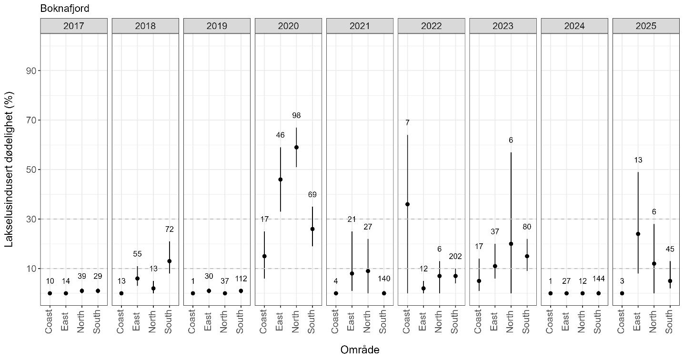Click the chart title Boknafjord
[65, 8]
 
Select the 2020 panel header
[288, 26]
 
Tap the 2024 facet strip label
[574, 26]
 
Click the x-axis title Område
[360, 350]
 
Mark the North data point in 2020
[296, 147]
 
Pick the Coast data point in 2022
[407, 204]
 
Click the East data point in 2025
[638, 234]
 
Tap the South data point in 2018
[169, 261]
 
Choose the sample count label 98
[296, 115]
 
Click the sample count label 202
[455, 256]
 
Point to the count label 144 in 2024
[598, 279]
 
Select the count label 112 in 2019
[241, 279]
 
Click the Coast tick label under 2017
[50, 321]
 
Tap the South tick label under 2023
[527, 321]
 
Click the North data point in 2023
[511, 244]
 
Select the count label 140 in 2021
[383, 279]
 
